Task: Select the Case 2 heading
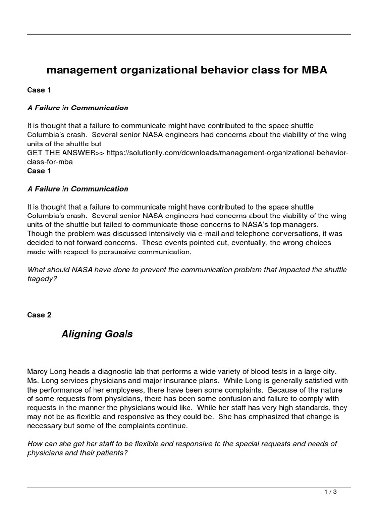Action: click(39, 315)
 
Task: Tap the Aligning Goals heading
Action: click(97, 334)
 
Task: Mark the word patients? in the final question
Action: click(109, 453)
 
